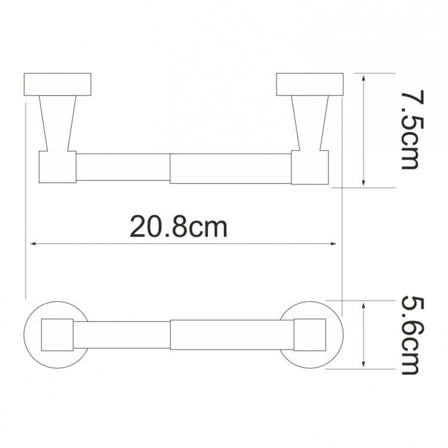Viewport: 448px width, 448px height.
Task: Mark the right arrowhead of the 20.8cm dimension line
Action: point(335,243)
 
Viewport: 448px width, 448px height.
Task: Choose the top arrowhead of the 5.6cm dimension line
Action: point(364,304)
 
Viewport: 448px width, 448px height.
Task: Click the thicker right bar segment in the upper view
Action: point(231,168)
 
